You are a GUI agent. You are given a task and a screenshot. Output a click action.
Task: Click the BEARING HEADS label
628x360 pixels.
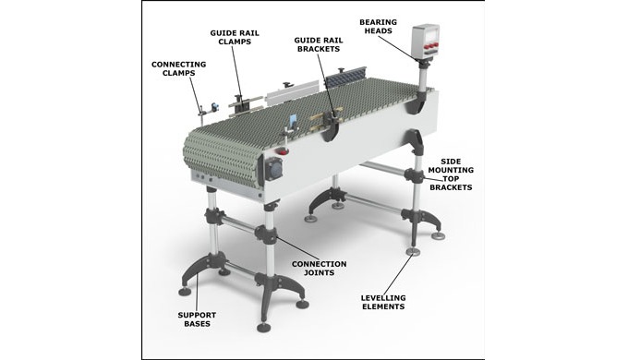click(378, 27)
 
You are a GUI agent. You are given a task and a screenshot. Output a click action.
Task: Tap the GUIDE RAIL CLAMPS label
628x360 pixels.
click(235, 37)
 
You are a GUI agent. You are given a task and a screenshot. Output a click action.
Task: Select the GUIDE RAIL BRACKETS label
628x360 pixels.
click(319, 44)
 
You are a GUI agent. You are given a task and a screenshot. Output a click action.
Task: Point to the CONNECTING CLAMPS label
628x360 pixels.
click(178, 68)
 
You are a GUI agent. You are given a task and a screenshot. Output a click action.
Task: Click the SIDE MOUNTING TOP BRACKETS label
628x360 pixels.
click(451, 174)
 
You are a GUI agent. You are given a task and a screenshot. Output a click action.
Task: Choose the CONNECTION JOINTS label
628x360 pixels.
click(320, 269)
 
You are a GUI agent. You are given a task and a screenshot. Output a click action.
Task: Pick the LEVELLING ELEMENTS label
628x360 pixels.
click(383, 303)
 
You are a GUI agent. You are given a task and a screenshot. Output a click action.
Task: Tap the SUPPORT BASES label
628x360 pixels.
click(197, 319)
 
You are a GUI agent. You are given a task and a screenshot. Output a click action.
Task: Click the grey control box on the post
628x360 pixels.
click(426, 42)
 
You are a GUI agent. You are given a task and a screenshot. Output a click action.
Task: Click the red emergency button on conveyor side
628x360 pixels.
click(284, 151)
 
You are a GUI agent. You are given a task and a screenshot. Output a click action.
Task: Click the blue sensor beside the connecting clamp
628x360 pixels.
click(214, 106)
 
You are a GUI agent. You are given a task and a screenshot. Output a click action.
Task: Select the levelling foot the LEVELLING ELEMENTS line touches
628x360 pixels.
click(413, 251)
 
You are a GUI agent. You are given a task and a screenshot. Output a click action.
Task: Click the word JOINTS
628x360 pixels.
click(320, 272)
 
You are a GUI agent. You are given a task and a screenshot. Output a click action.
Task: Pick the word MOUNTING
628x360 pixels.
click(451, 170)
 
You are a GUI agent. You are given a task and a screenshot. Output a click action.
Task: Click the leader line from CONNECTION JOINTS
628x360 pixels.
click(297, 248)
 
